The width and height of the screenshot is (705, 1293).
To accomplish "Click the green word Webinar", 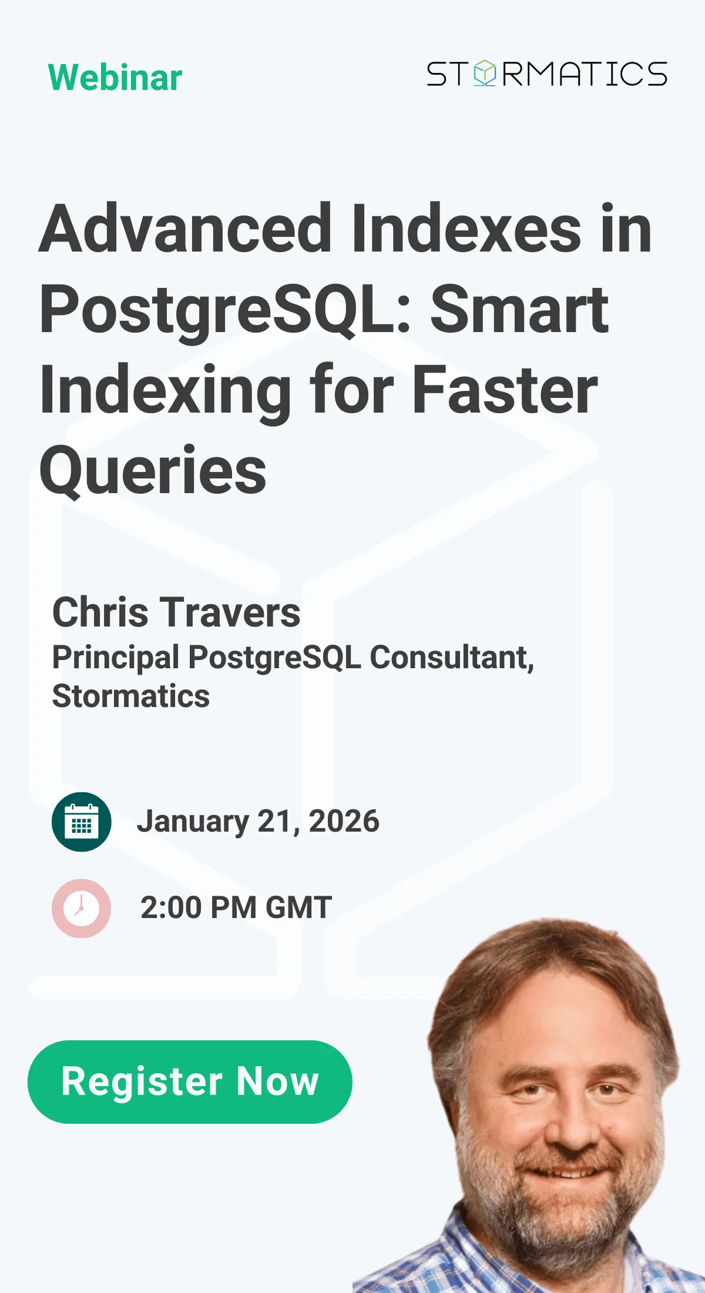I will point(115,78).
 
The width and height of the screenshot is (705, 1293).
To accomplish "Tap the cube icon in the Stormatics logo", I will point(485,73).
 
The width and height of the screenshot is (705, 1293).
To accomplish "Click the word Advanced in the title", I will point(186,229).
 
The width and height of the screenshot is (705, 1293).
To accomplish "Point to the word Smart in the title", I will point(519,310).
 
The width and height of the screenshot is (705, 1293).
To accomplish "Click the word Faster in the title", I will point(505,390).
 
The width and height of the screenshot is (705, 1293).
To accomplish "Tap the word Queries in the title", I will point(153,470).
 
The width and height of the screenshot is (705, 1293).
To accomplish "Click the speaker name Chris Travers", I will point(176,612).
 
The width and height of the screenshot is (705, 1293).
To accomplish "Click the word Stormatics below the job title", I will point(131,696).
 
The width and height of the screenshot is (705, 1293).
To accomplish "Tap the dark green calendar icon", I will point(82,822).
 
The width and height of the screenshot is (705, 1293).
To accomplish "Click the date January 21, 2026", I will point(258,822).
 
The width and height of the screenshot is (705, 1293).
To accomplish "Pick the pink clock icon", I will point(82,908).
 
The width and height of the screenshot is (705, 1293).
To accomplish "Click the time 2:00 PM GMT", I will point(236,907).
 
